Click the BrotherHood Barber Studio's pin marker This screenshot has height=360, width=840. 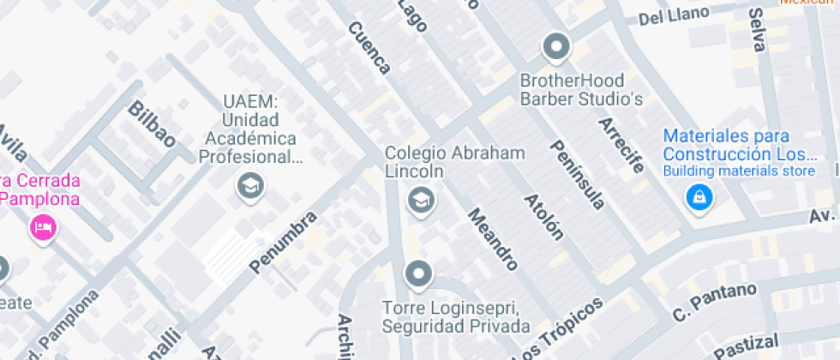pos(556,47)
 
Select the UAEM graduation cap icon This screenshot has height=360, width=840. pos(250,185)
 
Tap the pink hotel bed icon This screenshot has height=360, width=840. pos(41,227)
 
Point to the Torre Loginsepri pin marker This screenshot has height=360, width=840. pos(418,274)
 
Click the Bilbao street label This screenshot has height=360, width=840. pos(153,123)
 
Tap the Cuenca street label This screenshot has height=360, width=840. pos(369,47)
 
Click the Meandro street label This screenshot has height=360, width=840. pos(492,238)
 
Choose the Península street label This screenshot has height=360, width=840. pos(579,174)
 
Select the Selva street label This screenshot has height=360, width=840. pos(756,30)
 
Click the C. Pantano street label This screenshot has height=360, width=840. pos(715,303)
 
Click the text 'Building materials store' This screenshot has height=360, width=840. pos(738,171)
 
